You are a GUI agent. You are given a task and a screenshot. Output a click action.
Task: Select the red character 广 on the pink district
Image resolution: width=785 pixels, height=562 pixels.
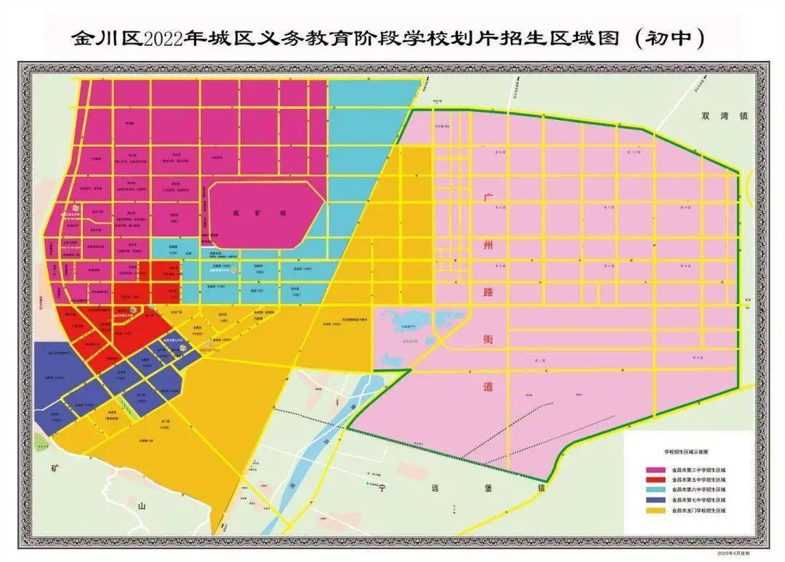(488, 198)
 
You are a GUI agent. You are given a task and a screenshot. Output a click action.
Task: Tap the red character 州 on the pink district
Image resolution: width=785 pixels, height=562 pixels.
(488, 245)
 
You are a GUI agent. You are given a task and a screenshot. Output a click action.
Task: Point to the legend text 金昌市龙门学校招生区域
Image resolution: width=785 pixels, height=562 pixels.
(699, 511)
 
